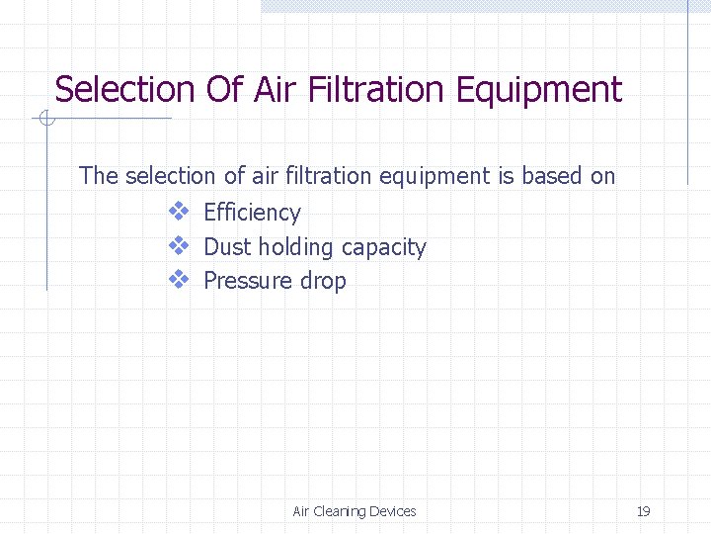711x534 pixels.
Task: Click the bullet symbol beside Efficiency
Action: tap(178, 212)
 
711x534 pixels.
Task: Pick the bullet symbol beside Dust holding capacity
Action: tap(178, 246)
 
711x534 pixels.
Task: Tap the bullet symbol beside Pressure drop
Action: tap(178, 280)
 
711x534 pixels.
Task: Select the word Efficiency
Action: tap(251, 213)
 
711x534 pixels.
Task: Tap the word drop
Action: tap(323, 282)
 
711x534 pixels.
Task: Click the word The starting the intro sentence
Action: tap(99, 176)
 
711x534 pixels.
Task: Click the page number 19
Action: tap(643, 511)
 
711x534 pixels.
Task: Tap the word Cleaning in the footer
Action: tap(339, 511)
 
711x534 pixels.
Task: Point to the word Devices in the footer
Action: tap(392, 511)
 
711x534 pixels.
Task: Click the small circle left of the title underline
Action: tap(44, 120)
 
